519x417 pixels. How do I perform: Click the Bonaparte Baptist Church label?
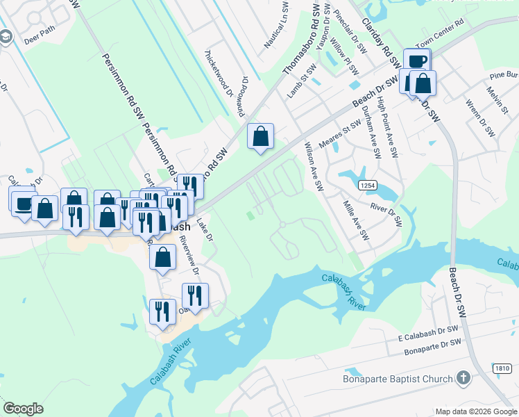click(398, 379)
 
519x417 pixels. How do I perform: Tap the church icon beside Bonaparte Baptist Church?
click(463, 379)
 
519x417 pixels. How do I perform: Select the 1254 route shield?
click(368, 186)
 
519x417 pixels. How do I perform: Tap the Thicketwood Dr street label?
click(219, 72)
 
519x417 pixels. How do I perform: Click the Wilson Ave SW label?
click(314, 167)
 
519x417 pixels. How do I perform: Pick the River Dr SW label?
click(387, 214)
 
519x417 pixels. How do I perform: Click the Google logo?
click(23, 408)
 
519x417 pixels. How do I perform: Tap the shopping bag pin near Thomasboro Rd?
click(260, 137)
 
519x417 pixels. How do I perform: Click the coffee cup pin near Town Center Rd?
click(417, 61)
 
